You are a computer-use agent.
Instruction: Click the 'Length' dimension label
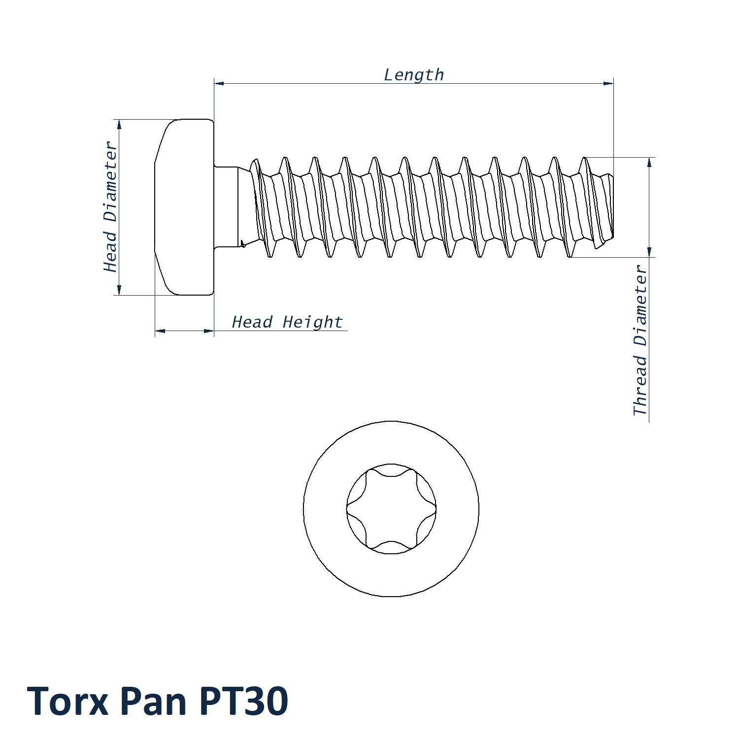tap(414, 75)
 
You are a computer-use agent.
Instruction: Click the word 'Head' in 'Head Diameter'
tap(110, 252)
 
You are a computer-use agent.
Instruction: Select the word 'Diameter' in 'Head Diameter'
tap(110, 182)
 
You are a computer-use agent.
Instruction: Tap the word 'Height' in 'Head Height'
tap(312, 322)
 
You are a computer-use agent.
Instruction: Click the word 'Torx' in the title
tap(67, 701)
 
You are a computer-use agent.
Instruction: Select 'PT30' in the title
tap(244, 701)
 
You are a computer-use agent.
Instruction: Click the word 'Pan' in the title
tap(153, 701)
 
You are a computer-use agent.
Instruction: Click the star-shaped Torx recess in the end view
tap(391, 509)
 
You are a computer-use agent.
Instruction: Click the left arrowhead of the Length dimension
tap(219, 83)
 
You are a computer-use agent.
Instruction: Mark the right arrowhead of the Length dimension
tap(608, 83)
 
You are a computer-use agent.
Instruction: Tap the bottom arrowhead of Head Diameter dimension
tap(119, 290)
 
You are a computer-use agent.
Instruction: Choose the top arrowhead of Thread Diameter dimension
tap(649, 163)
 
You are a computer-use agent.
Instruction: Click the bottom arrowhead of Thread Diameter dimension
tap(649, 252)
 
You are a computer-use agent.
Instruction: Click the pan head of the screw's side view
tap(184, 207)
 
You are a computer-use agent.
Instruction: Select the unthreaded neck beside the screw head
tap(227, 207)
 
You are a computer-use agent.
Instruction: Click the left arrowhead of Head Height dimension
tap(160, 331)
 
